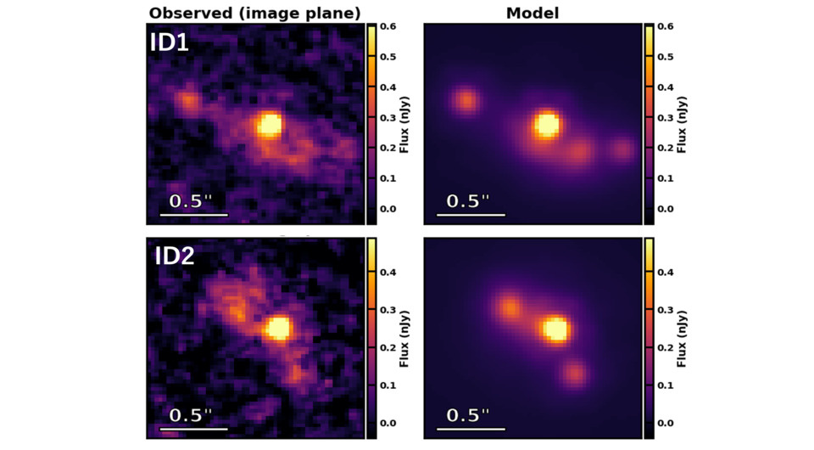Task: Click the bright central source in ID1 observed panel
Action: coord(270,126)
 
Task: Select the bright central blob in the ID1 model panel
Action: coord(548,125)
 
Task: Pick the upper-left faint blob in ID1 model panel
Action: coord(466,101)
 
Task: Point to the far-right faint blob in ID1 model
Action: coord(622,150)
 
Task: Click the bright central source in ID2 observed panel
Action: coord(278,328)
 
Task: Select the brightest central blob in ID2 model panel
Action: coord(555,329)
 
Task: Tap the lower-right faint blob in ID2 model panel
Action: coord(575,372)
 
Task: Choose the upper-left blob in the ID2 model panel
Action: coord(510,307)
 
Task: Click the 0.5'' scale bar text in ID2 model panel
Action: coord(469,415)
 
